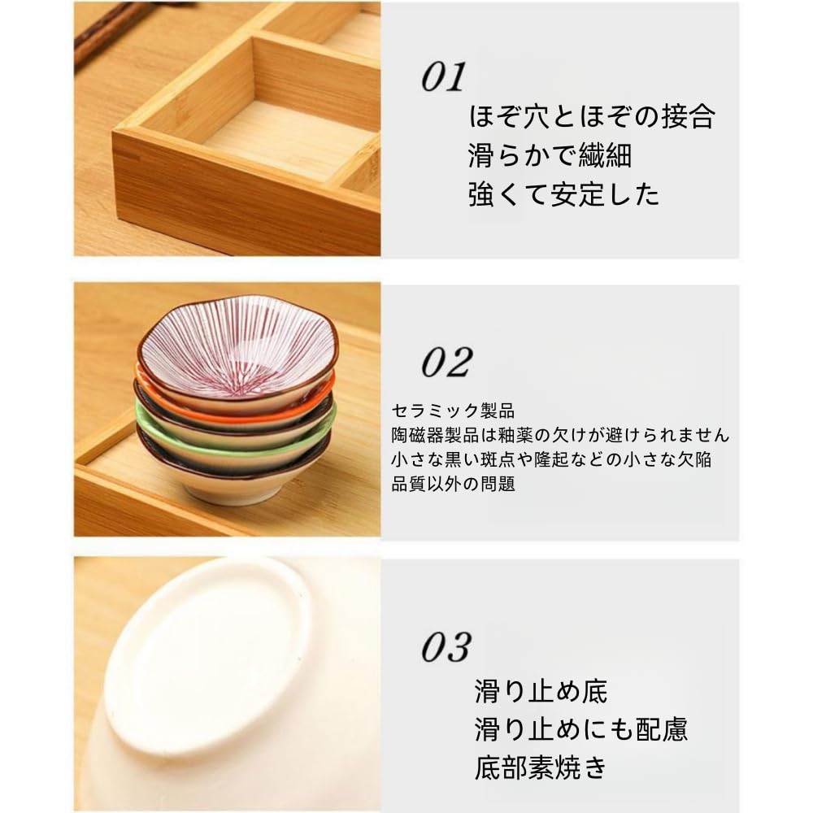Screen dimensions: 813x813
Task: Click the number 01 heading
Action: pos(443,77)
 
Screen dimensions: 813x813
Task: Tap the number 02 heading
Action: pos(446,362)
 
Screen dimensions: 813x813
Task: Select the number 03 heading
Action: pos(446,647)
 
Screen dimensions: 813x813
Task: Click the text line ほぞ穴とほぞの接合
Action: pos(591,117)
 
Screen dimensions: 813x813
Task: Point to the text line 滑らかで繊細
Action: pos(550,155)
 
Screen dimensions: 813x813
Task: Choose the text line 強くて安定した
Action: pos(563,194)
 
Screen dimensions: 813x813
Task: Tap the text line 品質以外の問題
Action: pos(453,485)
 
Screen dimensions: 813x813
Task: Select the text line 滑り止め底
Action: pos(541,692)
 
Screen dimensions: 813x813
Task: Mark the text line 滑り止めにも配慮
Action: pos(581,729)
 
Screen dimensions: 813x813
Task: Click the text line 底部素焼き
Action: pos(541,767)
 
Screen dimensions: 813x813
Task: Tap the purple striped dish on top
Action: pos(236,350)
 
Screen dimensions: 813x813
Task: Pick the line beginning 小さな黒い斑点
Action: pos(551,459)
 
